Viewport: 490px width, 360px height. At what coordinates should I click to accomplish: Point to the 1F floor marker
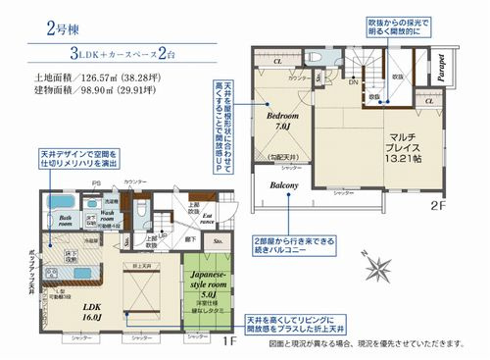click(x=227, y=340)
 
